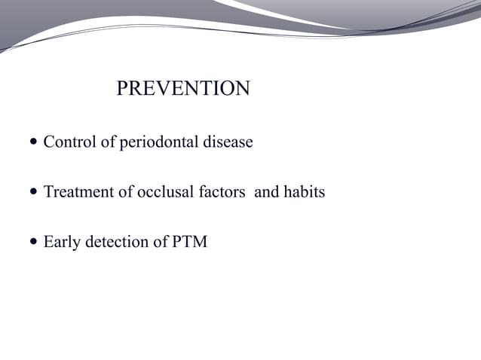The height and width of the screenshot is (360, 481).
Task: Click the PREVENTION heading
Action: point(182,89)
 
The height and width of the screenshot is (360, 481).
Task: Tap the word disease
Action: point(228,142)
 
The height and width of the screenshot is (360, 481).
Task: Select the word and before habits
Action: point(266,192)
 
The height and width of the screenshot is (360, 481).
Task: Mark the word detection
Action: point(114,243)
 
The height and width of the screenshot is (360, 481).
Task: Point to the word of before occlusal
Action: point(125,192)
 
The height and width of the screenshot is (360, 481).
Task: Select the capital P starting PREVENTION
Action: point(123,89)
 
